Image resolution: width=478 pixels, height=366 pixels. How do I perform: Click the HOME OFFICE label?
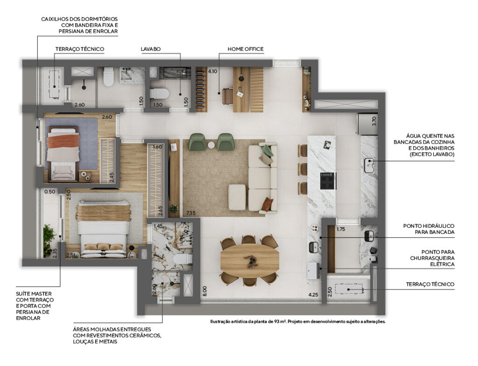click(246, 49)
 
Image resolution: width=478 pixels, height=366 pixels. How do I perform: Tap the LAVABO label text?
click(151, 49)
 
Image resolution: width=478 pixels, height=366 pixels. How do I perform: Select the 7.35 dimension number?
click(191, 213)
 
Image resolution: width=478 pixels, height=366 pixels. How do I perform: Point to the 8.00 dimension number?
click(204, 291)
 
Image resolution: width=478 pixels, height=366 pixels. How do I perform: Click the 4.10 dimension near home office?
click(212, 71)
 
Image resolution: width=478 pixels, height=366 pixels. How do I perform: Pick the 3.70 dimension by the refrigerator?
click(374, 121)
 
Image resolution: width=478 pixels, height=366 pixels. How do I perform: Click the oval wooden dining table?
click(250, 260)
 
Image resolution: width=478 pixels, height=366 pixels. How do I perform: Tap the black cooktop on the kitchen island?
click(327, 181)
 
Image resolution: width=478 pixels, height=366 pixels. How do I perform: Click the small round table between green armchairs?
click(211, 145)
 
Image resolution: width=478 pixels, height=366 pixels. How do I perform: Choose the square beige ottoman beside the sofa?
click(237, 197)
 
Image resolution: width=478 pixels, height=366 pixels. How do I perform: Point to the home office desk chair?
click(228, 96)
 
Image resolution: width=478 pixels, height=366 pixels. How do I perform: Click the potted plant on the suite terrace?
click(48, 240)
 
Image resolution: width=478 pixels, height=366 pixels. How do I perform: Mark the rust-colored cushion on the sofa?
click(267, 204)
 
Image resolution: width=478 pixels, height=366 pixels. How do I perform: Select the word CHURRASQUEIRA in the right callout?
click(432, 258)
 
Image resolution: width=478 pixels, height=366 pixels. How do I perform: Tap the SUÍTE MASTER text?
click(34, 294)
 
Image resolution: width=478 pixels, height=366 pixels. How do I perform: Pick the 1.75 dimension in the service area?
click(341, 229)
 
